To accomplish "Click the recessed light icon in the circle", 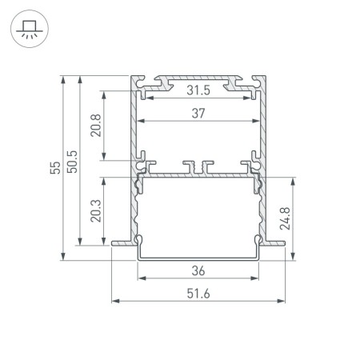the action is click(30, 29).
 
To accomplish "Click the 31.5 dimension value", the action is click(198, 90).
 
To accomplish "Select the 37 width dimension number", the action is click(198, 114).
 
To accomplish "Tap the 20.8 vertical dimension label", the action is click(96, 126).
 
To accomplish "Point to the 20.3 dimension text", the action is click(96, 211).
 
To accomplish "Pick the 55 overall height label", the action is click(55, 168).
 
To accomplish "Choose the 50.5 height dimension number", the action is click(72, 162).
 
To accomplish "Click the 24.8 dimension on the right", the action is click(285, 218).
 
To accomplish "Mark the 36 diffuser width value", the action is click(198, 271).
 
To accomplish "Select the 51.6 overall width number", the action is click(198, 294).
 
